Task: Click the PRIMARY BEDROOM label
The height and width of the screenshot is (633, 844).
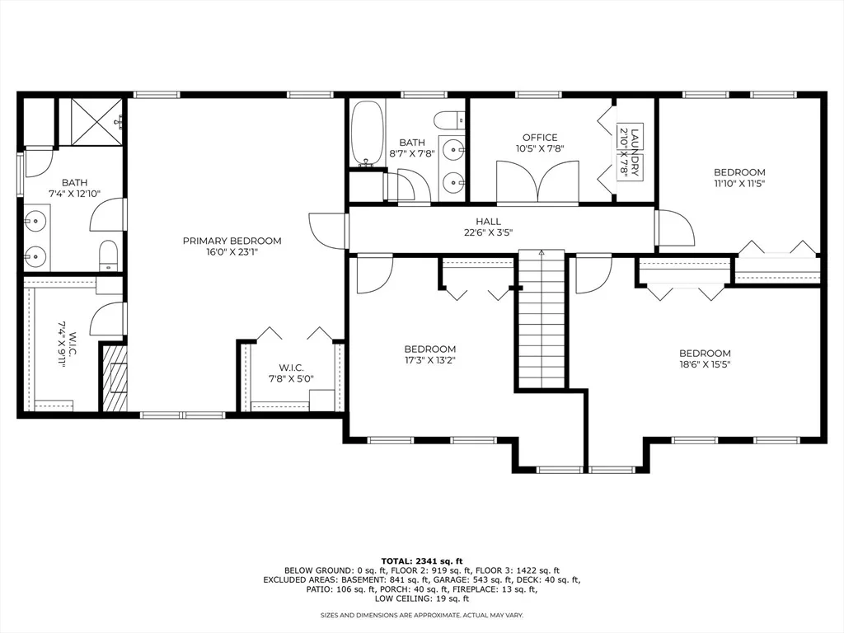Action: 232,241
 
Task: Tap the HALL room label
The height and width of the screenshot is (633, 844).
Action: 488,221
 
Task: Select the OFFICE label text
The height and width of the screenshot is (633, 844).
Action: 540,138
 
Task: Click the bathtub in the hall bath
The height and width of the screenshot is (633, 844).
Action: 368,133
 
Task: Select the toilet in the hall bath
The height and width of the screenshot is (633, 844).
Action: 449,120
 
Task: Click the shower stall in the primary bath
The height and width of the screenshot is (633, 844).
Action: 91,121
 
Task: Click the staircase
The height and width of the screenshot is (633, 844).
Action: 542,319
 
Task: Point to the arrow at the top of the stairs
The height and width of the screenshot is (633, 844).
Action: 542,253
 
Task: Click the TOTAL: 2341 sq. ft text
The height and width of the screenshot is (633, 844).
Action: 422,561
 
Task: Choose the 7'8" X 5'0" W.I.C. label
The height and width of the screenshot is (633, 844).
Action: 291,373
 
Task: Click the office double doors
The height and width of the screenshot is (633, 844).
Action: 537,182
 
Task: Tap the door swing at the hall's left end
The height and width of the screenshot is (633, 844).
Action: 328,231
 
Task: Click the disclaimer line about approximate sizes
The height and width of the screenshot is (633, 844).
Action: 422,615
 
